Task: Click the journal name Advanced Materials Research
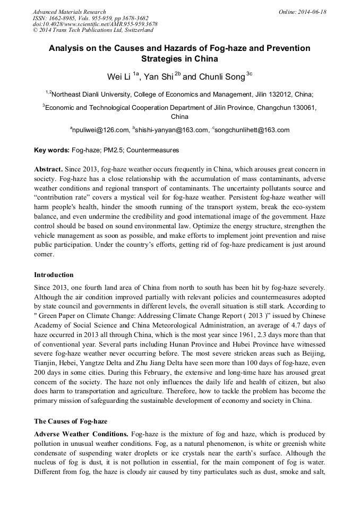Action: pyautogui.click(x=69, y=12)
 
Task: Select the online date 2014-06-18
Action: pyautogui.click(x=310, y=12)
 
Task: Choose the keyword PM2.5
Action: pyautogui.click(x=112, y=150)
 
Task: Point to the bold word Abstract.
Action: pyautogui.click(x=49, y=169)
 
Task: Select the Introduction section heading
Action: pyautogui.click(x=54, y=274)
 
